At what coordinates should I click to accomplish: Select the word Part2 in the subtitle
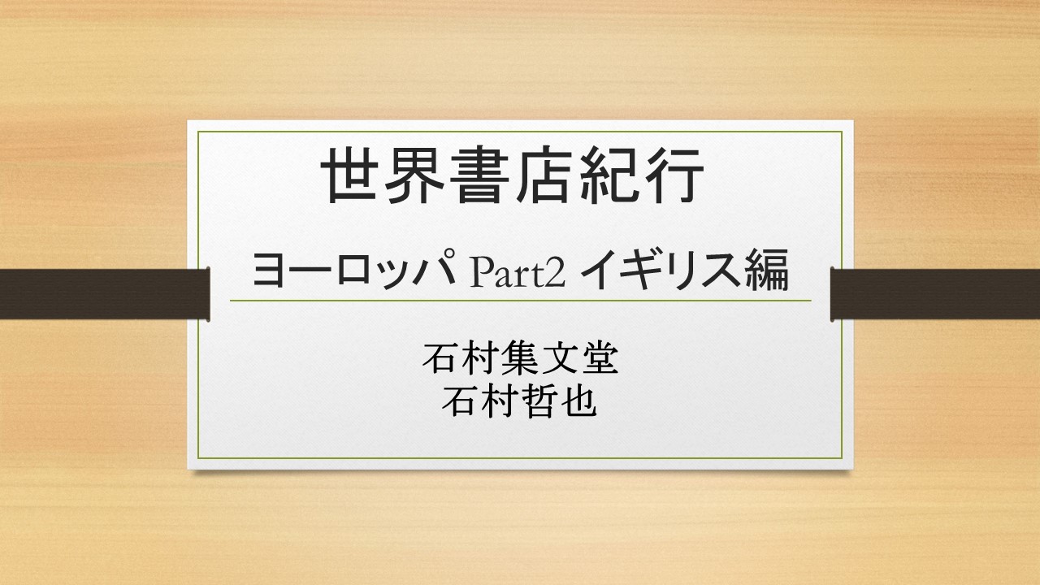pos(518,272)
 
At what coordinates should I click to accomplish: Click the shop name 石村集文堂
pos(520,358)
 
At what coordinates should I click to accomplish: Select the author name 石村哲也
pos(519,401)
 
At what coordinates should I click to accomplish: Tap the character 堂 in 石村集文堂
pos(600,358)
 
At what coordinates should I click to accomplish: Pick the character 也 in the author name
pos(579,401)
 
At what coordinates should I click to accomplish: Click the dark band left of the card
pos(105,294)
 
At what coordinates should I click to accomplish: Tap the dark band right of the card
pos(935,294)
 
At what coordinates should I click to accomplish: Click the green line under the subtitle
pos(521,301)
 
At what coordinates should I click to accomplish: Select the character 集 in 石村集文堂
pos(519,358)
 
